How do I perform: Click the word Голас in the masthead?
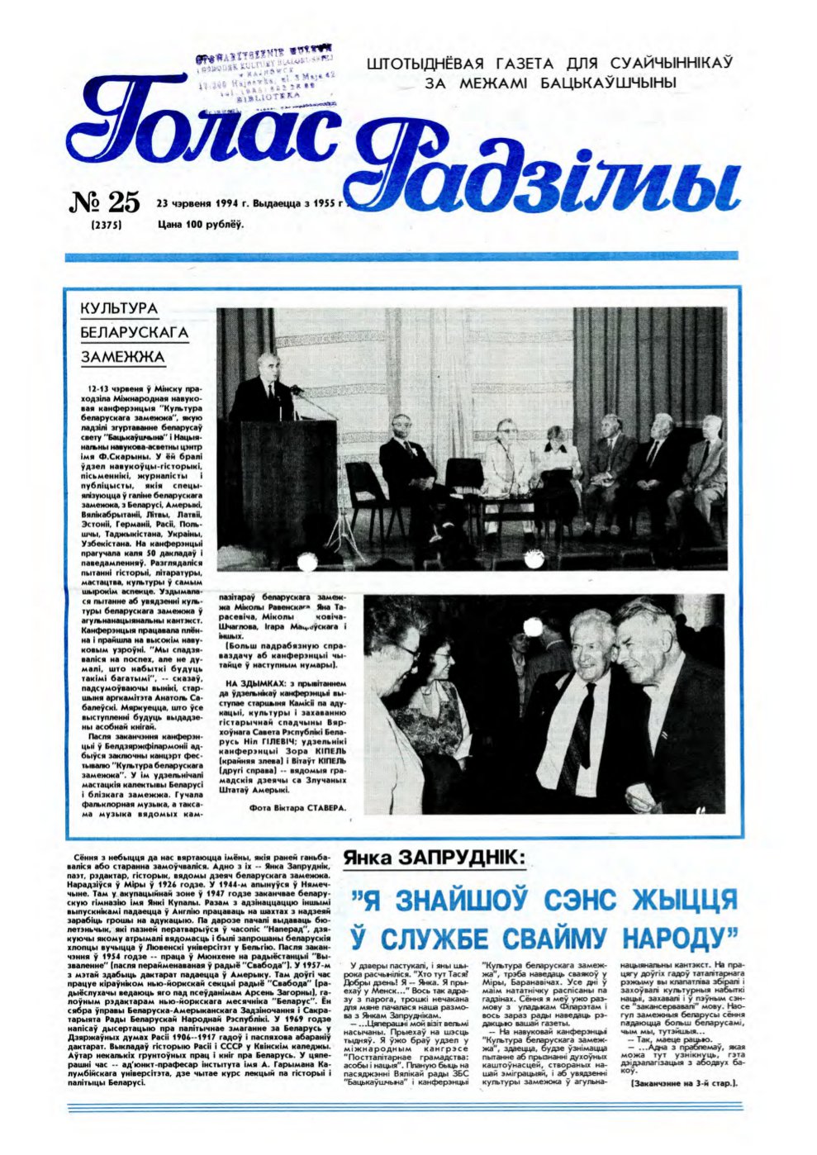202,124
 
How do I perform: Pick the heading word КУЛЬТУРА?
119,308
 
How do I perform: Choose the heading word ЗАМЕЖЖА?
122,358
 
